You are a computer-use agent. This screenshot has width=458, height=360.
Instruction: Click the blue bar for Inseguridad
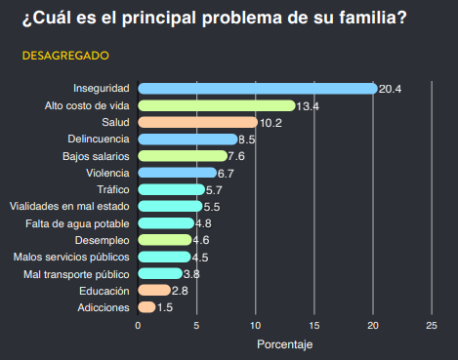click(258, 89)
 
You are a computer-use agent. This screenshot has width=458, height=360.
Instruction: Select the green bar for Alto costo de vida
click(217, 105)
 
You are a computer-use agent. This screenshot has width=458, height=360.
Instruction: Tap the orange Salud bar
click(198, 122)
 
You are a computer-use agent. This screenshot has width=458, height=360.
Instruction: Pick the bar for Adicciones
click(146, 307)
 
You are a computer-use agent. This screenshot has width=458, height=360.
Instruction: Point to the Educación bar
click(154, 291)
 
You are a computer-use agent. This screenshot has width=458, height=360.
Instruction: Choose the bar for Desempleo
click(165, 240)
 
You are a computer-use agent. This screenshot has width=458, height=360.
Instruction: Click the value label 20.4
click(390, 89)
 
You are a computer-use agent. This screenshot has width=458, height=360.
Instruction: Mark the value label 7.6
click(236, 156)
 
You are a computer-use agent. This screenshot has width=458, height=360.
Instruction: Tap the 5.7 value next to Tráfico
click(214, 190)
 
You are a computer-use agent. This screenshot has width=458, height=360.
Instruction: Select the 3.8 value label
click(191, 274)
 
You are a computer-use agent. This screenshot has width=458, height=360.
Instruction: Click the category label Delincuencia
click(99, 139)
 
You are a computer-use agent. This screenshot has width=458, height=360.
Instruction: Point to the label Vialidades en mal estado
click(69, 206)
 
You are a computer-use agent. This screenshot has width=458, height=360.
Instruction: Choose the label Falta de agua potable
click(77, 223)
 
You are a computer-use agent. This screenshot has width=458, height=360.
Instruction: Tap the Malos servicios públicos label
click(71, 257)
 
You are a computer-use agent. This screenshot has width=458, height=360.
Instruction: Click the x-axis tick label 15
click(314, 326)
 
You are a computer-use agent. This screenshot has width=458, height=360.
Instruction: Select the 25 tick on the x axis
click(432, 326)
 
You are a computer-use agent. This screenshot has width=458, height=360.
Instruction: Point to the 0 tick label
click(138, 326)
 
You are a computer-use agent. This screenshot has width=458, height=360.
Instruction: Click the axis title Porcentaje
click(285, 344)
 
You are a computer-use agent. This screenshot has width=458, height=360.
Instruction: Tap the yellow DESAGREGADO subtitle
click(65, 56)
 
